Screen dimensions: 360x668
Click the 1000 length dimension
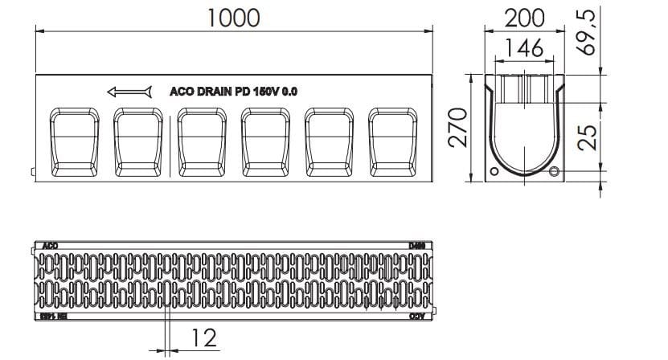(234, 18)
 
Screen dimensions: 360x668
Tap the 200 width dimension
(523, 18)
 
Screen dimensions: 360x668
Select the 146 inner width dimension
(523, 47)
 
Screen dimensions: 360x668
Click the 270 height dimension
(457, 129)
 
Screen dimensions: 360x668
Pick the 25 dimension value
(589, 137)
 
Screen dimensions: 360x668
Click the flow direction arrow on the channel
(129, 92)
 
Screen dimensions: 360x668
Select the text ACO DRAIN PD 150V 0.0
(233, 92)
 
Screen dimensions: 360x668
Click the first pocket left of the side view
(75, 141)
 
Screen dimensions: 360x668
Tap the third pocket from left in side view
(202, 141)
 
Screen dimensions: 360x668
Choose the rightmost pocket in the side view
(393, 141)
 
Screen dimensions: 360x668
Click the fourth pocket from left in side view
(266, 141)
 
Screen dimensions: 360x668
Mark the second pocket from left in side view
(138, 141)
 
